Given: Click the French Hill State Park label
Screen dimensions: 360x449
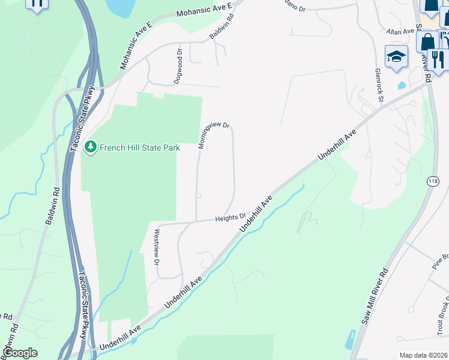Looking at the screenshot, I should (x=140, y=147).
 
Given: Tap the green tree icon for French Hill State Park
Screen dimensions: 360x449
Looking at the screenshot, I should (x=91, y=146).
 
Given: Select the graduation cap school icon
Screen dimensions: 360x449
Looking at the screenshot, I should (x=396, y=58).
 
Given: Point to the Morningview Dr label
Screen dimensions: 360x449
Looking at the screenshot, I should (x=214, y=135).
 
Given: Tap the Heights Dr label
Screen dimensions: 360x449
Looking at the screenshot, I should (x=231, y=218).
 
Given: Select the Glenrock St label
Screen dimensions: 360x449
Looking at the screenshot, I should (x=378, y=83).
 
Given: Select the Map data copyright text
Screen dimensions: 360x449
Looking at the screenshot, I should (x=423, y=355).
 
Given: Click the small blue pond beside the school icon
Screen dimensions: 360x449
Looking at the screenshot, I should (x=401, y=85).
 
